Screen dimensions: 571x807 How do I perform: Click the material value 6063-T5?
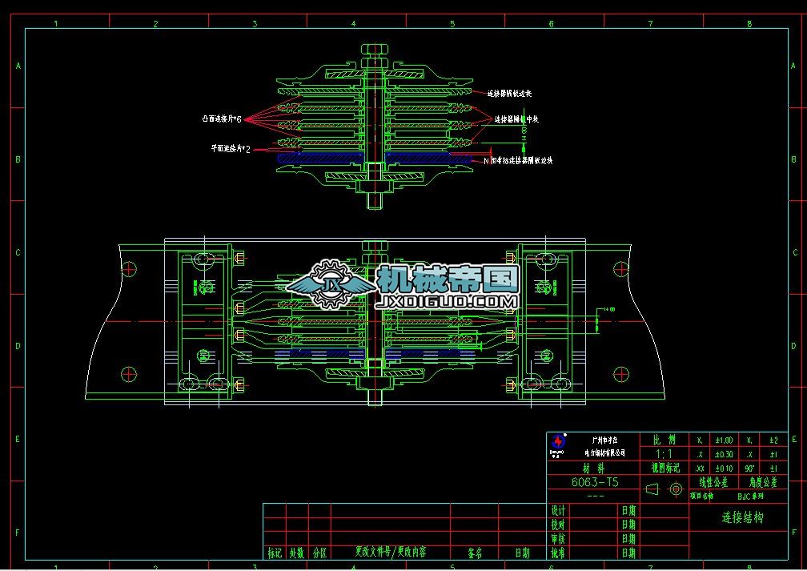click(x=593, y=483)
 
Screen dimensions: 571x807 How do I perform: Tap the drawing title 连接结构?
click(x=742, y=517)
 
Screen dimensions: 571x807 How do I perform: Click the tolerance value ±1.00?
click(x=723, y=440)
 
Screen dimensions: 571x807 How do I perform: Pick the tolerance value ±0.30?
click(x=723, y=454)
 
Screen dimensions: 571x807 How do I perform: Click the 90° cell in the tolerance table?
click(x=749, y=468)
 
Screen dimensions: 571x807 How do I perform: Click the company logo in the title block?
click(x=558, y=442)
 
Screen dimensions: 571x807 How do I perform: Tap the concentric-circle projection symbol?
click(x=675, y=489)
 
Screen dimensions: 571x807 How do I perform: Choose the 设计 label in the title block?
click(x=558, y=510)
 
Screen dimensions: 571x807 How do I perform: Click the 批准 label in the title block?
click(x=558, y=553)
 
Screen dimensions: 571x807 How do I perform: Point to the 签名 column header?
click(x=474, y=553)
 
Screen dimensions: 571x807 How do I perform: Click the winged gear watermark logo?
click(x=329, y=284)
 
